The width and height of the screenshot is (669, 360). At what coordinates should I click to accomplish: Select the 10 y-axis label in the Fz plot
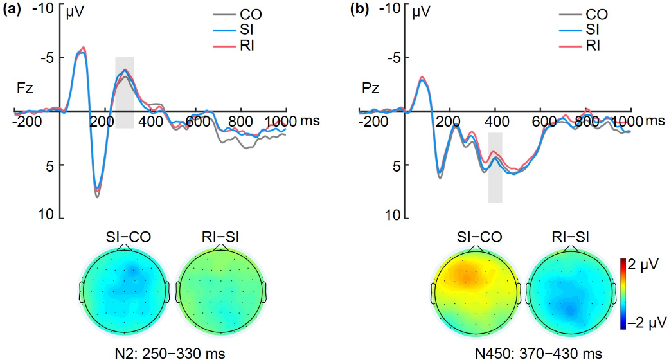tap(46, 215)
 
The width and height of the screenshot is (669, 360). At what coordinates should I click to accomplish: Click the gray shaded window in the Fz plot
tap(124, 93)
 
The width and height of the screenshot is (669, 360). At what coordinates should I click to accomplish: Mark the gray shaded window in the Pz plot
tap(495, 167)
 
